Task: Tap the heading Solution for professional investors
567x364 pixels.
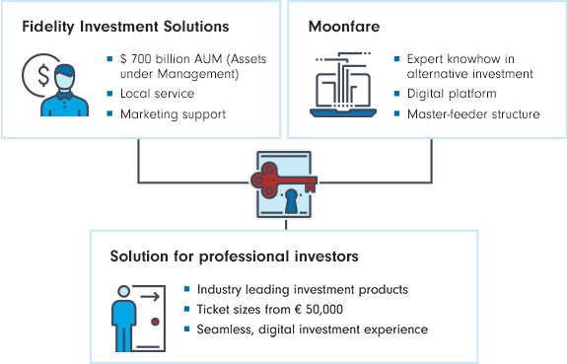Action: [234, 257]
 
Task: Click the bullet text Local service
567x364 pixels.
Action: [157, 94]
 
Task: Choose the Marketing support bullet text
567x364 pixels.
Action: [174, 113]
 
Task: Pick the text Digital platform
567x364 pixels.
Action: [451, 94]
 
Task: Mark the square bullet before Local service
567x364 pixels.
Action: [110, 94]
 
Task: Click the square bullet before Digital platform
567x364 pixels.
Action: [396, 94]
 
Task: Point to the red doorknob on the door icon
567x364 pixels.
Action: [156, 323]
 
